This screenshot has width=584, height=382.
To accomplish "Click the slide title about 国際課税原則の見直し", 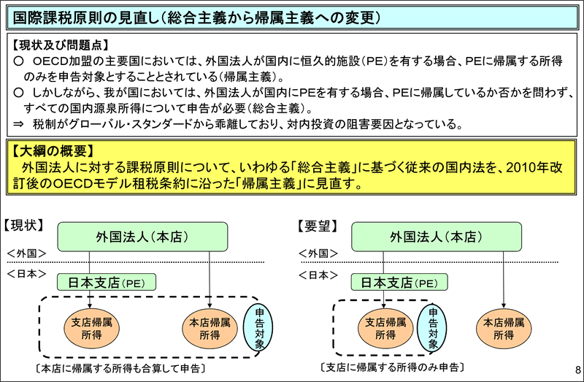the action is tap(196, 18).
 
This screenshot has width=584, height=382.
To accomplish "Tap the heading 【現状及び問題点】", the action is tap(61, 45).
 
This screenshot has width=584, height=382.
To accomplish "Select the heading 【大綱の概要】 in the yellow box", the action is tap(53, 151).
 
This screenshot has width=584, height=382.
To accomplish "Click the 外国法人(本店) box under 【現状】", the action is tap(142, 237).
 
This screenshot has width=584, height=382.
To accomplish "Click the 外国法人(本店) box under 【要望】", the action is tap(436, 237).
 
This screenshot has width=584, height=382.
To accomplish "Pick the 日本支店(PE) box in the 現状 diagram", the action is tap(107, 282).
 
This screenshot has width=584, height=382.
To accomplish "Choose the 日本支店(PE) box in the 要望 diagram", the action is tap(399, 282).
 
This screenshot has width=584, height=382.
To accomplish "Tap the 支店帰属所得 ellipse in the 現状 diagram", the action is tap(91, 329).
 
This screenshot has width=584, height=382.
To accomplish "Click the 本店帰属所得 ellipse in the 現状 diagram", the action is tap(210, 329).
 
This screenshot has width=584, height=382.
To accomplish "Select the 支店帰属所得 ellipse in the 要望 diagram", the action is tap(385, 329).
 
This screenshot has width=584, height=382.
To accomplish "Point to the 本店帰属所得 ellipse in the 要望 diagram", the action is tap(504, 329).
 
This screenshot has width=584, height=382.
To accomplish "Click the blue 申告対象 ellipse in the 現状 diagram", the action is tap(258, 328).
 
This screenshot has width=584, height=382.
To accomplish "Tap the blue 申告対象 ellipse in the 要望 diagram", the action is tap(432, 328).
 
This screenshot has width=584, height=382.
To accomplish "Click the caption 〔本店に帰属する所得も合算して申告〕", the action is tap(120, 369).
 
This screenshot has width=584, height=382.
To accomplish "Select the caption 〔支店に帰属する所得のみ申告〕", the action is tap(392, 367).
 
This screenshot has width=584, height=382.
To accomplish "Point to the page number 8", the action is tap(577, 370).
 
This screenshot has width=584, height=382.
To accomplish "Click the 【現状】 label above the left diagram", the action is tap(24, 225).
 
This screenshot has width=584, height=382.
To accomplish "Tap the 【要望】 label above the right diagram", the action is tap(318, 226).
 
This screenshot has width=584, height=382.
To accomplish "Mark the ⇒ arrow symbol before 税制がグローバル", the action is tap(19, 124).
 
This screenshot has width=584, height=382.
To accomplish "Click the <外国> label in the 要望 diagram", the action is tap(318, 253).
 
